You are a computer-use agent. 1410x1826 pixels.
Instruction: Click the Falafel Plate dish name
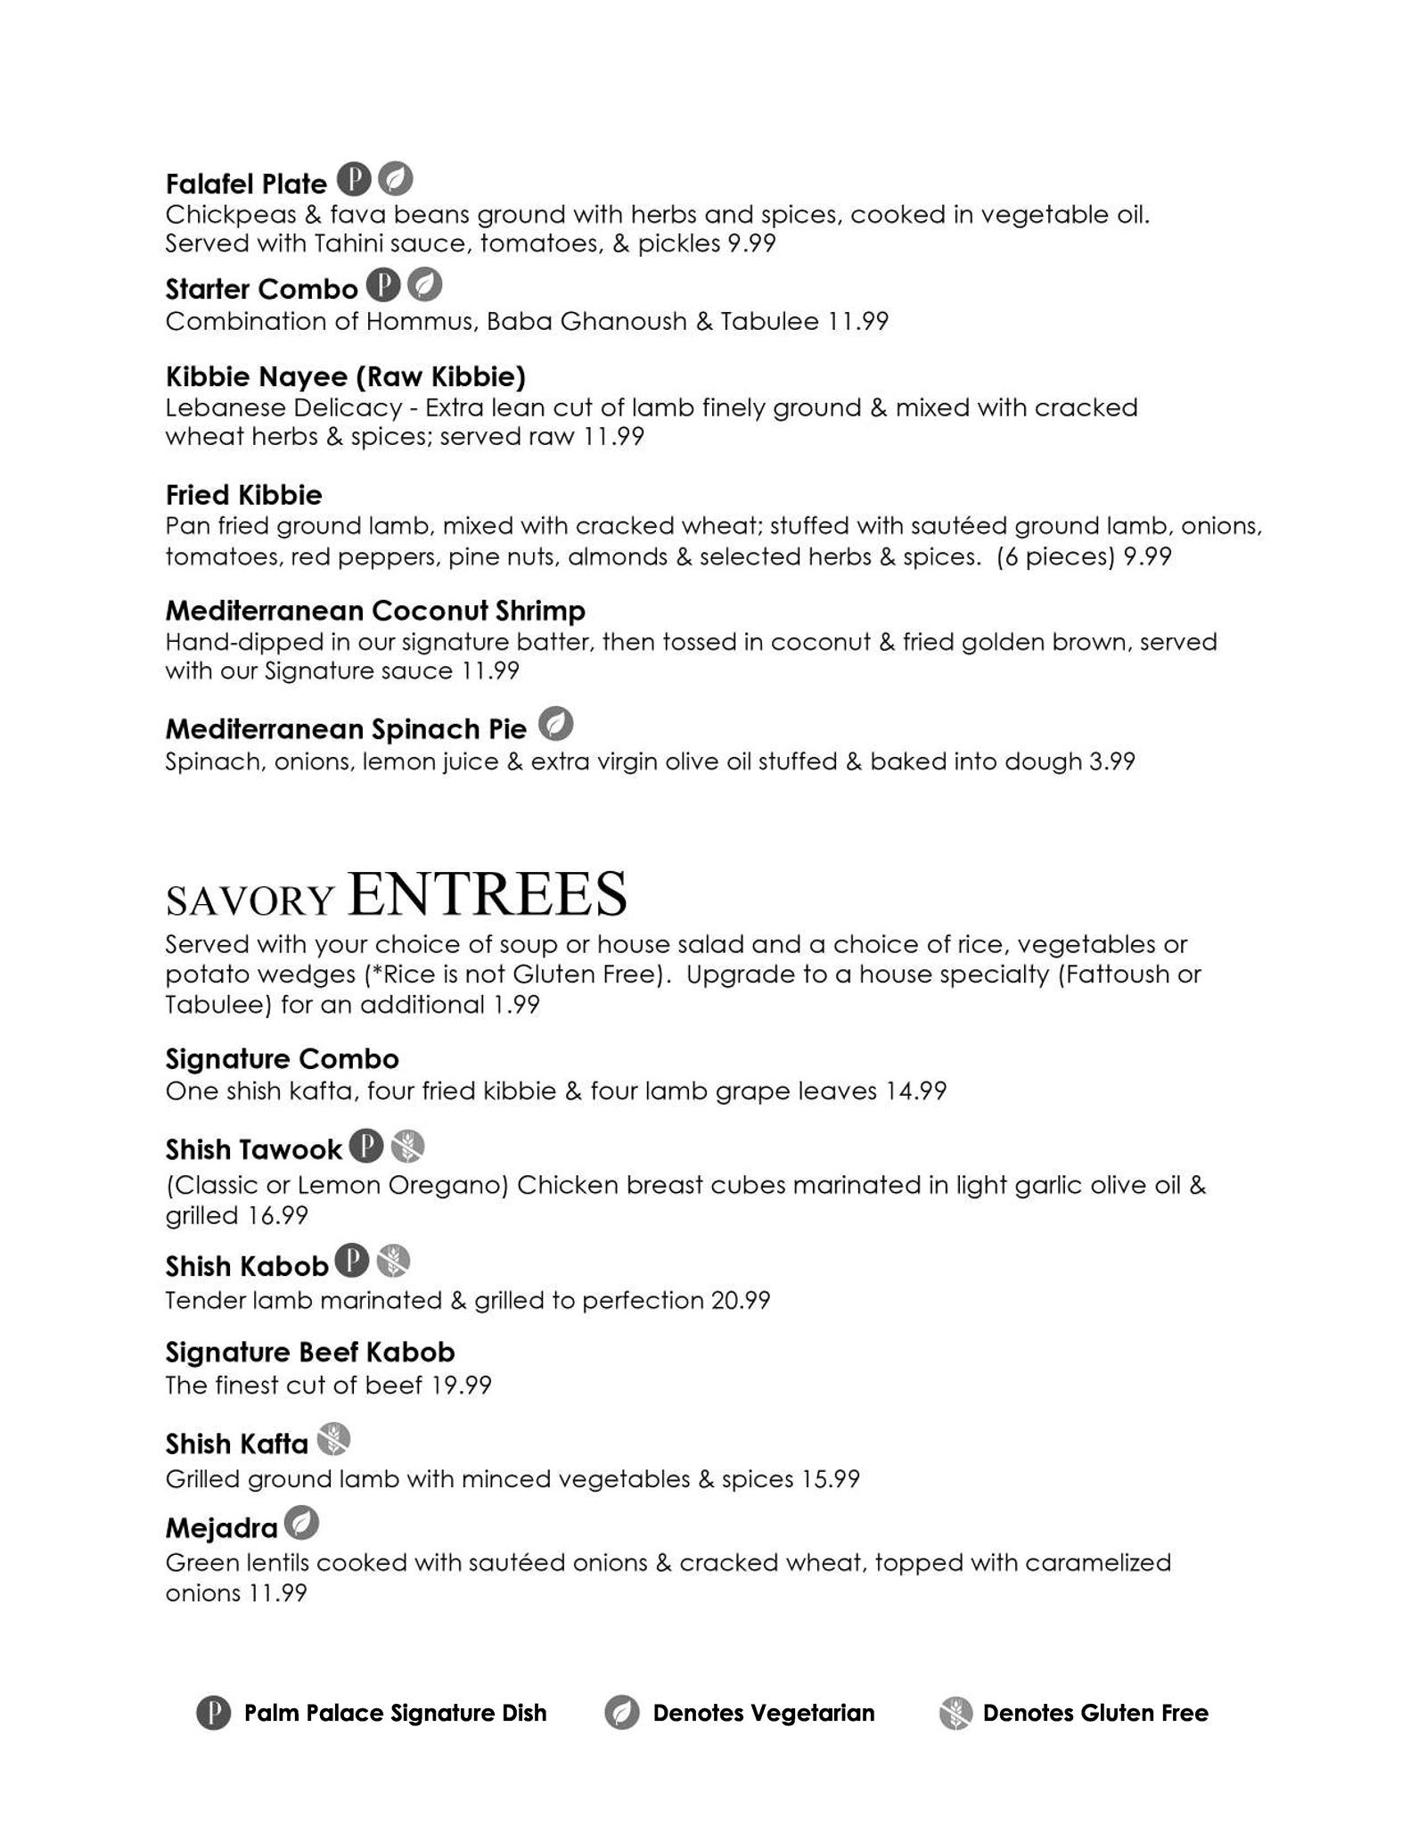point(246,184)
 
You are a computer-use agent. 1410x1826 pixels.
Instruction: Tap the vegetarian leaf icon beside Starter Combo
point(425,285)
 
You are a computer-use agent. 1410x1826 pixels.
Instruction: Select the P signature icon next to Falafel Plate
point(354,180)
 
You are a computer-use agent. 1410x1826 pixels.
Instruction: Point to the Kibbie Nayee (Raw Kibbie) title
point(346,377)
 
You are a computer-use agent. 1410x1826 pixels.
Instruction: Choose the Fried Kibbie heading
point(243,495)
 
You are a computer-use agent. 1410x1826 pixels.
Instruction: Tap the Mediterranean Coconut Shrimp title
point(375,611)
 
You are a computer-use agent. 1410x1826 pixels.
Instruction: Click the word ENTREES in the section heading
point(488,894)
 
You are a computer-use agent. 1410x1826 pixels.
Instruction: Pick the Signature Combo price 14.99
point(915,1090)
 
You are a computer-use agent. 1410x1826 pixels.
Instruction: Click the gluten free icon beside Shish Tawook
point(407,1147)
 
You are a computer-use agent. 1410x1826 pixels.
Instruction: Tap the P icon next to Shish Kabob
point(352,1262)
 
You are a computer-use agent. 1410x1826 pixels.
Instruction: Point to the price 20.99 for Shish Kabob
point(740,1300)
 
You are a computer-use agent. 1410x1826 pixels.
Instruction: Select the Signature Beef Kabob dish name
point(310,1353)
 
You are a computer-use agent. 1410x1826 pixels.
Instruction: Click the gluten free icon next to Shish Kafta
point(333,1439)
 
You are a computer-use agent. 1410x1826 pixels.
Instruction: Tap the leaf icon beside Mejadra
point(301,1524)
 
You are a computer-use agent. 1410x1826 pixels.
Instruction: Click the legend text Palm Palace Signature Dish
point(395,1713)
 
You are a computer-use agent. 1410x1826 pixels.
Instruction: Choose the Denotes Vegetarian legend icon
point(621,1713)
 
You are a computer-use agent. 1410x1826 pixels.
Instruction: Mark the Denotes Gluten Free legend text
point(1094,1713)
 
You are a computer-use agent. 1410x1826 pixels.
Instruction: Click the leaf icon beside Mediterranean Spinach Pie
point(555,724)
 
